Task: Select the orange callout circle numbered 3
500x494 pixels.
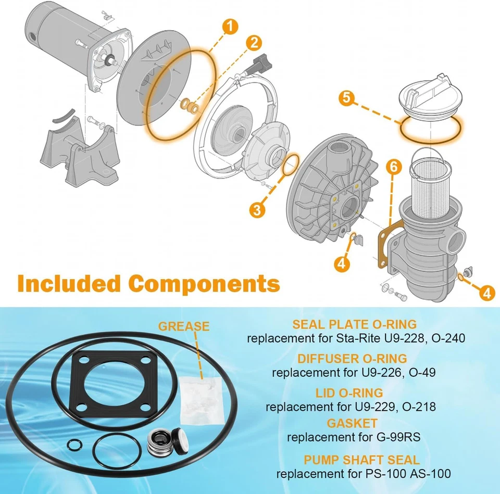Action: tap(256, 210)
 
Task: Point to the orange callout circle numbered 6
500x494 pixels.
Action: tap(394, 167)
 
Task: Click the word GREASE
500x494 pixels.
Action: tap(184, 326)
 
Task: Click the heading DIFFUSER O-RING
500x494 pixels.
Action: tap(352, 359)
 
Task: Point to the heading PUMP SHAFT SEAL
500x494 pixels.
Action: tap(362, 460)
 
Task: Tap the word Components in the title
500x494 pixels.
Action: tap(204, 284)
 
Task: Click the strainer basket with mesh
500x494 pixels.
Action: tap(430, 179)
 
